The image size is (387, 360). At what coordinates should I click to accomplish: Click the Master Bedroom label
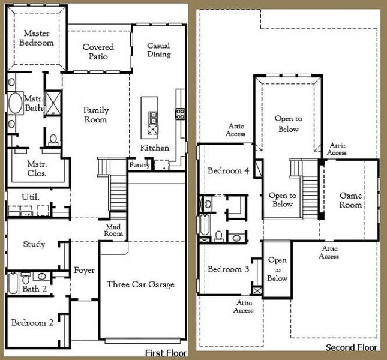click(37, 38)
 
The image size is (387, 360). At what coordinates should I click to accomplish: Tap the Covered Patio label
click(98, 52)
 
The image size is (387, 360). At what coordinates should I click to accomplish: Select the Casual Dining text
click(158, 50)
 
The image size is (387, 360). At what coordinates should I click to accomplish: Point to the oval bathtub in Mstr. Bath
click(16, 103)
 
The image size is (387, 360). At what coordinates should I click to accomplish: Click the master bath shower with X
click(53, 103)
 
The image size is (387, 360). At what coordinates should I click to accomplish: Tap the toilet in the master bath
click(53, 139)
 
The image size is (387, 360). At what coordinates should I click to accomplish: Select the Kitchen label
click(155, 148)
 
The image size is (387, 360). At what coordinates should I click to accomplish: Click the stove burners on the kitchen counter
click(180, 114)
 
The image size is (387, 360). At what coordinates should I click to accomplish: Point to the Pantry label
click(139, 164)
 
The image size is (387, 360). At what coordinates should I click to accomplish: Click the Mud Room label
click(113, 230)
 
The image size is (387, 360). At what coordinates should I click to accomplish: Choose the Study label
click(34, 244)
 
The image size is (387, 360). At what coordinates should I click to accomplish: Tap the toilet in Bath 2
click(26, 279)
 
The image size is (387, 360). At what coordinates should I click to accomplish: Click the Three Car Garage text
click(140, 284)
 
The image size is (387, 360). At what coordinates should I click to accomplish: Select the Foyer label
click(84, 271)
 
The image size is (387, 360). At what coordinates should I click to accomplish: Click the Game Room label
click(350, 200)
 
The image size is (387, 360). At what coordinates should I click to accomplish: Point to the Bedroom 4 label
click(229, 170)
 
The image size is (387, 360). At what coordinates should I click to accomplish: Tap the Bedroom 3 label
click(229, 269)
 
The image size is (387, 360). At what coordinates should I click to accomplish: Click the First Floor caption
click(166, 353)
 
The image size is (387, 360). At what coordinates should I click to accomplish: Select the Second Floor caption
click(352, 347)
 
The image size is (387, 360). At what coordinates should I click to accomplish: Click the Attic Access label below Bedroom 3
click(244, 307)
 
